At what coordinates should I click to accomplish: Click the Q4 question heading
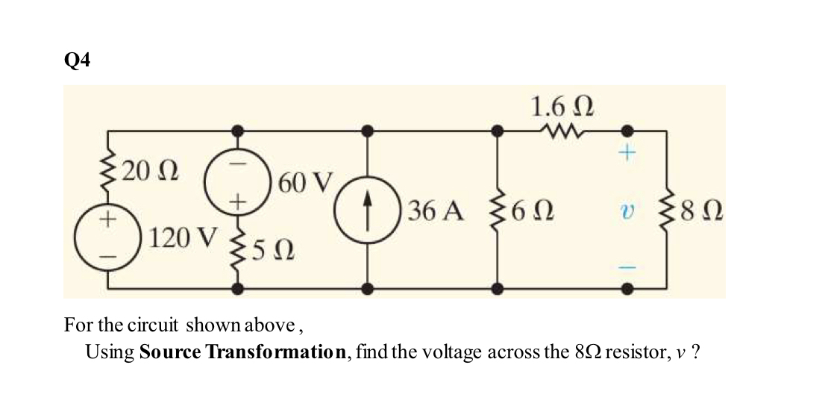click(77, 60)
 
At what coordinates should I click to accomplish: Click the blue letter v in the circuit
click(627, 212)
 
